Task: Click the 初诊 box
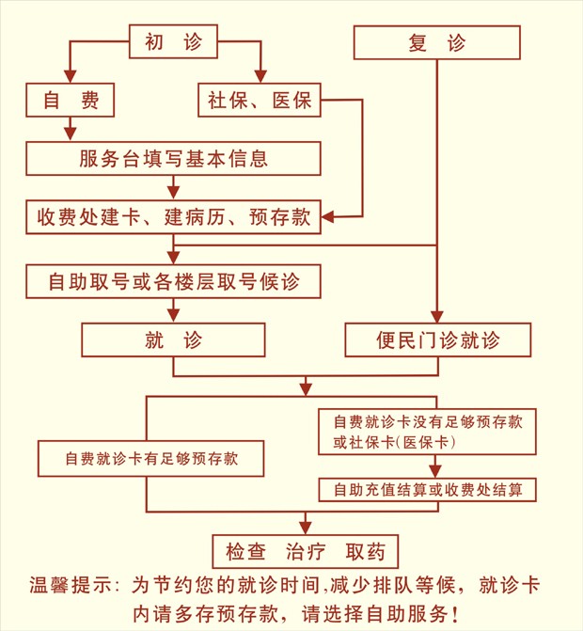[173, 41]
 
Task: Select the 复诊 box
[436, 42]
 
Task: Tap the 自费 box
[71, 100]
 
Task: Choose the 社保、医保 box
[260, 100]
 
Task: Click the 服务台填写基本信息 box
[173, 158]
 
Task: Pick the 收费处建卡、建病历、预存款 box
[173, 217]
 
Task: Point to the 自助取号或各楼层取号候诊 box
[173, 280]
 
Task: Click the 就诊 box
[173, 339]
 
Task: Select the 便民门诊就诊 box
[437, 339]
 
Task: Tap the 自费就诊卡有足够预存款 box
[150, 459]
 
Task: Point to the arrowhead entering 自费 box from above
[71, 78]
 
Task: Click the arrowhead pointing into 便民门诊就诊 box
[437, 317]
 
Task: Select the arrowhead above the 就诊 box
[173, 316]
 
